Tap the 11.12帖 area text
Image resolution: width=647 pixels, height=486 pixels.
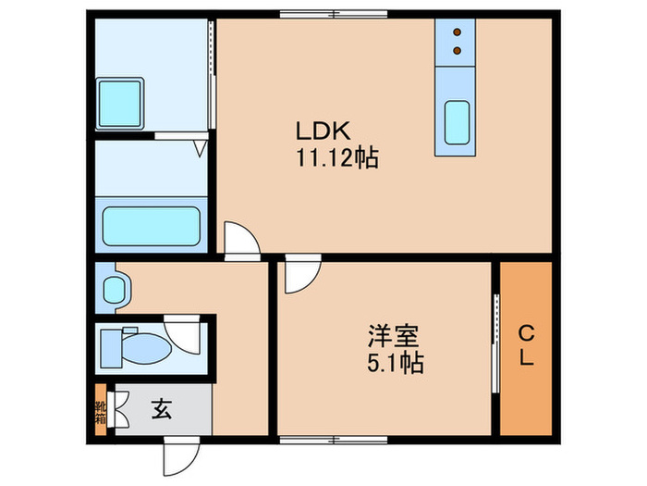[x=336, y=158]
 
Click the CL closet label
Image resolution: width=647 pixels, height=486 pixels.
[x=526, y=345]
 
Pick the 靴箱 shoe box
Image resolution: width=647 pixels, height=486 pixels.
[x=100, y=408]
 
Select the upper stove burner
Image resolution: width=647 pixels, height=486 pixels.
[x=457, y=34]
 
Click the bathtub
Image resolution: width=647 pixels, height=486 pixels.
[x=152, y=226]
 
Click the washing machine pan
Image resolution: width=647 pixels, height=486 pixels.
[x=121, y=96]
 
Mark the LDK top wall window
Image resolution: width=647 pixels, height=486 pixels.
[x=314, y=14]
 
